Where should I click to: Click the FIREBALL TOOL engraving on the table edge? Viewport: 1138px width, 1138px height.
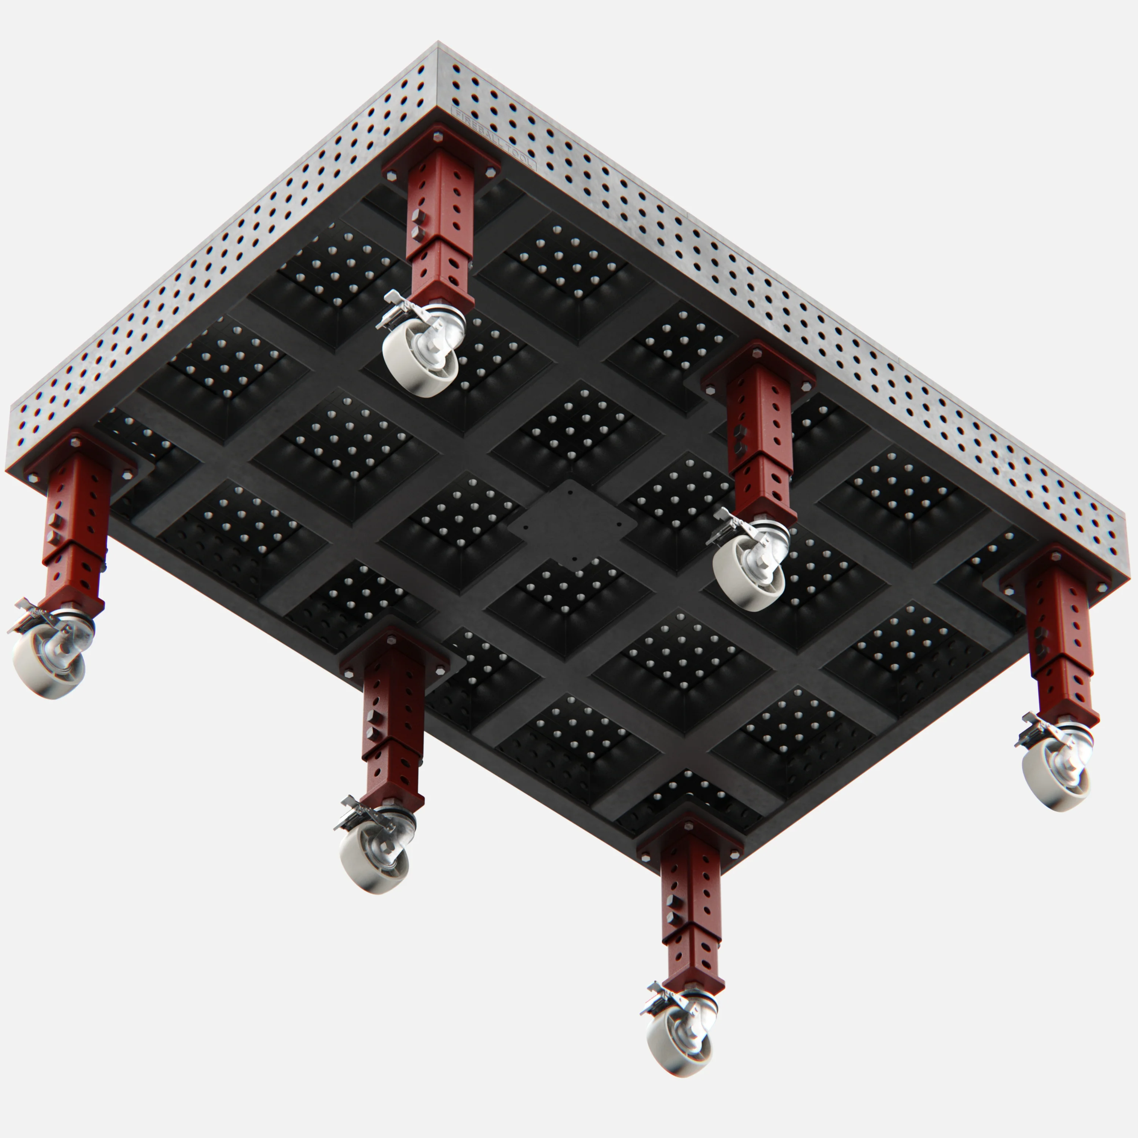(x=494, y=137)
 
